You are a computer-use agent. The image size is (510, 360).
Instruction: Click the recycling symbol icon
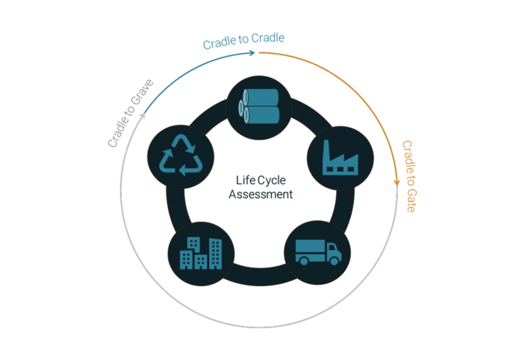pyautogui.click(x=180, y=156)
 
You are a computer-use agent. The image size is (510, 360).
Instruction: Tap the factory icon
pyautogui.click(x=340, y=158)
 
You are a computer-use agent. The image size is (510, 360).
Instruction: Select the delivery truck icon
pyautogui.click(x=317, y=252)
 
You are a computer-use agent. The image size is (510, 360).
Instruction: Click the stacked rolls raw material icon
pyautogui.click(x=260, y=107)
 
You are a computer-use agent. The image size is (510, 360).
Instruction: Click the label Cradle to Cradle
pyautogui.click(x=243, y=41)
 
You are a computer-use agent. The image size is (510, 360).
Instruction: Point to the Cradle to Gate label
pyautogui.click(x=409, y=176)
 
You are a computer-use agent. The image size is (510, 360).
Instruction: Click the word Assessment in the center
pyautogui.click(x=261, y=195)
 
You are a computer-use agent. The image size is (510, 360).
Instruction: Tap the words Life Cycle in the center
pyautogui.click(x=261, y=181)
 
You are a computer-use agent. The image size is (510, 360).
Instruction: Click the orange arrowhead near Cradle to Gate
pyautogui.click(x=396, y=182)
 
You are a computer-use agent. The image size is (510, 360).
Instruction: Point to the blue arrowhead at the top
pyautogui.click(x=252, y=53)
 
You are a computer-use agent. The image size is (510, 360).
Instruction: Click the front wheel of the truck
pyautogui.click(x=334, y=260)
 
